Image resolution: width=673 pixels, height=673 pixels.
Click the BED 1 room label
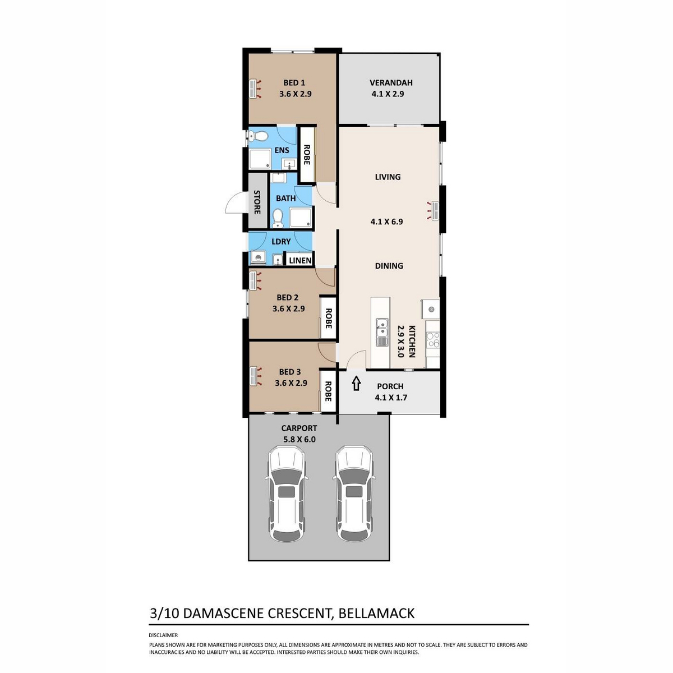point(294,83)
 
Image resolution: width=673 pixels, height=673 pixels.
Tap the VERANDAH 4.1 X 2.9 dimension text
point(388,94)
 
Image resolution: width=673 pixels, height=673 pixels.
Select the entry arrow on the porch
point(356,384)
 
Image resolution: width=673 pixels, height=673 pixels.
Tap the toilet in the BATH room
point(278,218)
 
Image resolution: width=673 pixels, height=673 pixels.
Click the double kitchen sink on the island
point(382,332)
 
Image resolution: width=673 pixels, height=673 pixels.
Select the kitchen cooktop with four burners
point(433,339)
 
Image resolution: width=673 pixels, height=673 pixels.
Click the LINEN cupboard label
point(300,261)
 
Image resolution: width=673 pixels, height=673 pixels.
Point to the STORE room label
point(257,202)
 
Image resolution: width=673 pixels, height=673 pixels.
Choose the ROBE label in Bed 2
point(328,318)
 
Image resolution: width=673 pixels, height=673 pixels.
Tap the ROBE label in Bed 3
point(328,391)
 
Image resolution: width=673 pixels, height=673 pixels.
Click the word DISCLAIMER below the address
point(163,635)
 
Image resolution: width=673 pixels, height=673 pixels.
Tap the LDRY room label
point(281,242)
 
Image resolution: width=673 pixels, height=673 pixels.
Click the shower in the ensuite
point(260,159)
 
